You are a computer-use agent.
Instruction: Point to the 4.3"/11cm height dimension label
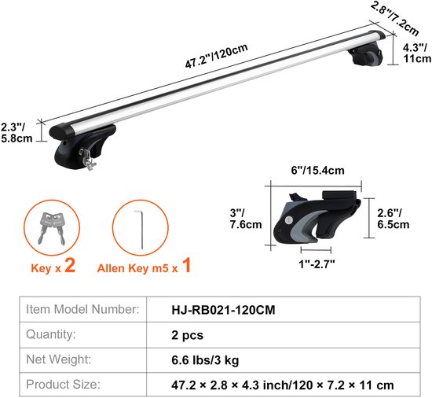[x=416, y=52]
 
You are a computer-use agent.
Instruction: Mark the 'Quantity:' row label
[x=51, y=334]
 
